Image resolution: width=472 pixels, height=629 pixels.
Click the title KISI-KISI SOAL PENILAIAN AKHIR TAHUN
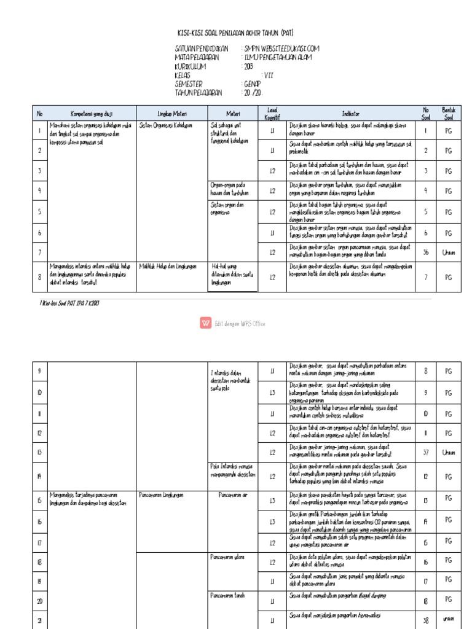tap(235, 34)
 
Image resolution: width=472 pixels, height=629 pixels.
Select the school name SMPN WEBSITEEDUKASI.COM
tap(281, 49)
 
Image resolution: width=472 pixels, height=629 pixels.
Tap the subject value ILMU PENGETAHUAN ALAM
tap(278, 57)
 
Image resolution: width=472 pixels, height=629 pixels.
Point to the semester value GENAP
tap(251, 84)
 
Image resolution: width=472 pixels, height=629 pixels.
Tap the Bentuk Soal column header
tap(448, 113)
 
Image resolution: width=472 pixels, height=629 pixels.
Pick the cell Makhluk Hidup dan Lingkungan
tap(168, 267)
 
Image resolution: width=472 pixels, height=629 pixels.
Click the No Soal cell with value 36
tap(425, 252)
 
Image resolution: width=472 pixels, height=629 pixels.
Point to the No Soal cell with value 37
tap(425, 452)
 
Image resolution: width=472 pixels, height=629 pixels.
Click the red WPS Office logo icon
tap(205, 323)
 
